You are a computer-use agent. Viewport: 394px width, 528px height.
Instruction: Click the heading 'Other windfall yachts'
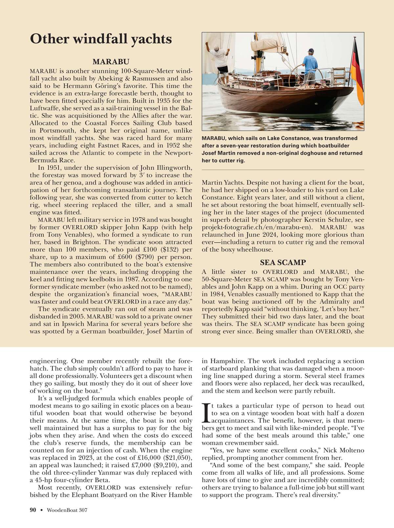tap(101, 39)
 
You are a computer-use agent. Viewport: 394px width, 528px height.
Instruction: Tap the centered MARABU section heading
tap(111, 62)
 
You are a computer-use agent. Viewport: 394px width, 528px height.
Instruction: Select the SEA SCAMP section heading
tap(283, 262)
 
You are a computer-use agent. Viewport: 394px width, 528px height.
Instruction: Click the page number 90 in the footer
tap(33, 510)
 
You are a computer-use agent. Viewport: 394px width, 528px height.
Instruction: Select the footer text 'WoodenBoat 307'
tap(67, 510)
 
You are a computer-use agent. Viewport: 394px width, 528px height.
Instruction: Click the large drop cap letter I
tap(206, 413)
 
